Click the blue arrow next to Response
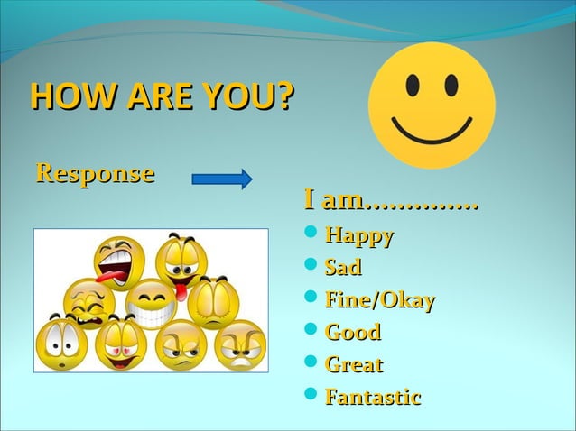(222, 178)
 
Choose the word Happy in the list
(358, 236)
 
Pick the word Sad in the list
(343, 268)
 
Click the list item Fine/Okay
(380, 300)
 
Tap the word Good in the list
(352, 333)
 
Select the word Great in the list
(354, 365)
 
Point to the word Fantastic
(373, 397)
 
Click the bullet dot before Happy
(311, 236)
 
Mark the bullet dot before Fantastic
(311, 397)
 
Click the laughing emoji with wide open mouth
(117, 261)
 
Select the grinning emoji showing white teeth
(150, 304)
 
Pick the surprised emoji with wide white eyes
(60, 344)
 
